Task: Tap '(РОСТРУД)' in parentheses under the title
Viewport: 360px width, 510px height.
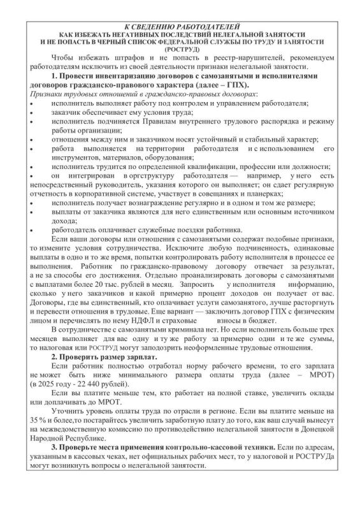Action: coord(181,48)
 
